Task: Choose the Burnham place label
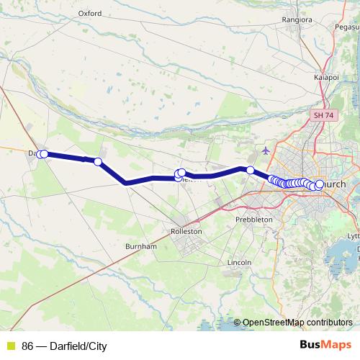coord(140,246)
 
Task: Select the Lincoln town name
coord(238,263)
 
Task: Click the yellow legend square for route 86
coord(11,346)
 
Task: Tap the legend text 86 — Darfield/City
coord(64,346)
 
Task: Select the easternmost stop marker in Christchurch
coord(320,184)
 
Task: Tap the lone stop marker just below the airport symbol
coord(250,170)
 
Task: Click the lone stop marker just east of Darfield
coord(98,162)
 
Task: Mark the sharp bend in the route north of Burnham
coord(126,182)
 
